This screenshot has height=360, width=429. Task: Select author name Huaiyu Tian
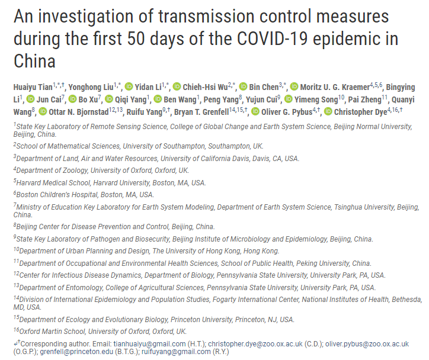(34, 88)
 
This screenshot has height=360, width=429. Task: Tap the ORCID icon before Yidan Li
(129, 88)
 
